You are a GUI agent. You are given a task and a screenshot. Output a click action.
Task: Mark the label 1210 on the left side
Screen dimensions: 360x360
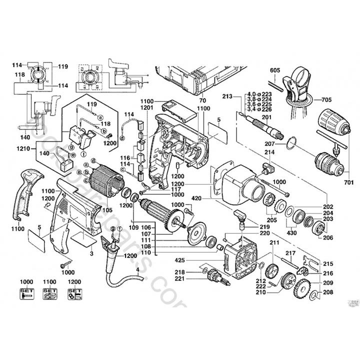click(22, 148)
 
